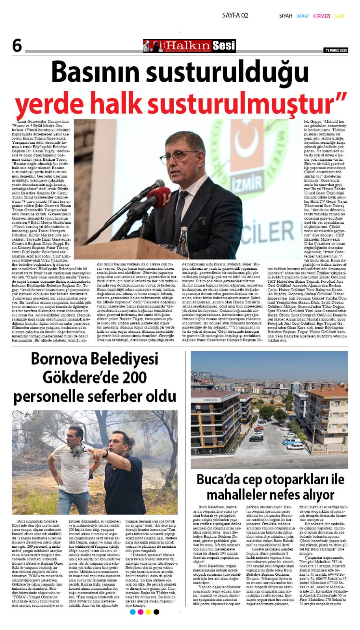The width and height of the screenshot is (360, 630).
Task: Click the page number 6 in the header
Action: [17, 46]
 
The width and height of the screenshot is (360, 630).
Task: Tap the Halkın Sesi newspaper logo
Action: [189, 46]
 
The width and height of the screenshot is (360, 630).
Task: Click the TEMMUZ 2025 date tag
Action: [336, 50]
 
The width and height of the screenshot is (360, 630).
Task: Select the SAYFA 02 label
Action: [235, 15]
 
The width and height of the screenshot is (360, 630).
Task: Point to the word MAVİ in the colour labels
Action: [302, 16]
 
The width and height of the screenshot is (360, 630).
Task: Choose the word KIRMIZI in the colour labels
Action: [321, 16]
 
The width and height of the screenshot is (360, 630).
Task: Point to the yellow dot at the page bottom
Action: [148, 612]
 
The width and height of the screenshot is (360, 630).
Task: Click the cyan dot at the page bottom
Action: [133, 612]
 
